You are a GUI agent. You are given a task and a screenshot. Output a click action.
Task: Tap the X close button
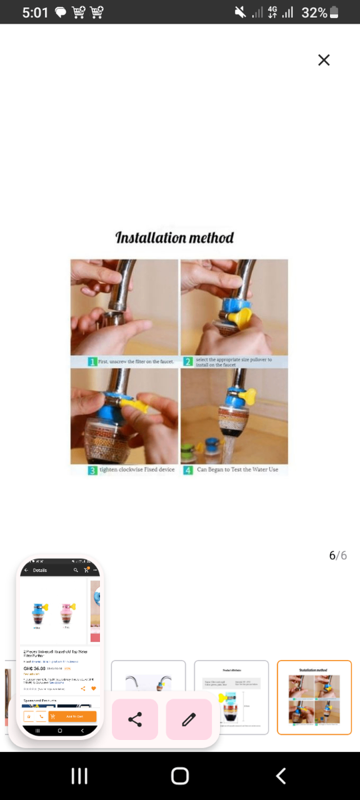[x=324, y=60]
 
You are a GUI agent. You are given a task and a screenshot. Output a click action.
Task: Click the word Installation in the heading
[x=150, y=237]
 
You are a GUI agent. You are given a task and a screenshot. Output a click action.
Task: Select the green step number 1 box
[x=93, y=361]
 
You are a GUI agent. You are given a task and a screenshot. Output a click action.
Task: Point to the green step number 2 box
[x=188, y=361]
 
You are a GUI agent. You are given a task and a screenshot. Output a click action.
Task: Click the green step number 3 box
[x=93, y=470]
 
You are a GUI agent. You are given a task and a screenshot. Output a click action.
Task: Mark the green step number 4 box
[x=188, y=470]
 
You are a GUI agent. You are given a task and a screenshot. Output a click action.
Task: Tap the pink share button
[x=135, y=719]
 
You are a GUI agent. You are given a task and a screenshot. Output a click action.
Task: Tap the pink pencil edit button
[x=189, y=719]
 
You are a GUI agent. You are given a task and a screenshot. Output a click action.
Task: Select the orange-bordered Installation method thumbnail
[x=314, y=697]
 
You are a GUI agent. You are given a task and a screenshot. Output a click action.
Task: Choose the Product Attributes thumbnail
[x=231, y=697]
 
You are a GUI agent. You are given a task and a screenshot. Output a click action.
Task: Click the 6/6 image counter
[x=337, y=555]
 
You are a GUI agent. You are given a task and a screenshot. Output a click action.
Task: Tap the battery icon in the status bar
[x=334, y=13]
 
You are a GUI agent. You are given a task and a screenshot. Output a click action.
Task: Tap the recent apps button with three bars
[x=79, y=776]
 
